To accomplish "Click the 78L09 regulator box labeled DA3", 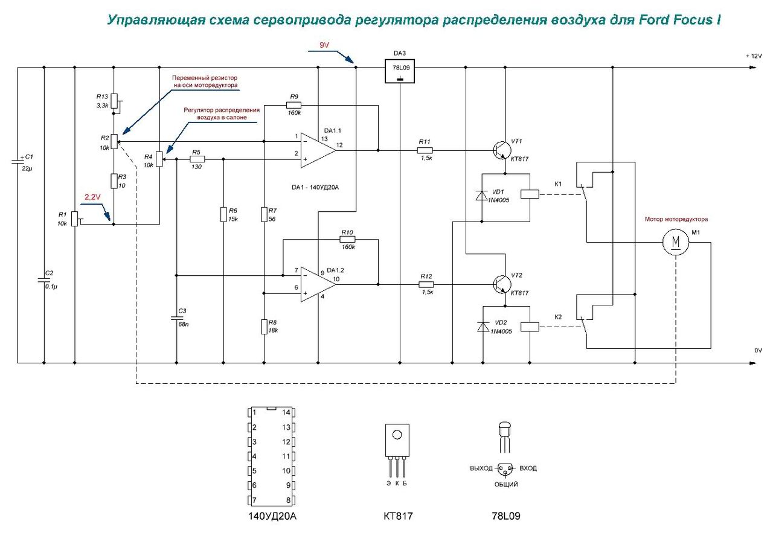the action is [x=400, y=71].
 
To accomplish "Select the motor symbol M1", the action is [x=675, y=242].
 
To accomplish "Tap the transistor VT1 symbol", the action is [x=502, y=150].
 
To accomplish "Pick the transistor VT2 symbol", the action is [x=502, y=285].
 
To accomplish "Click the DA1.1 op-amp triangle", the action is [x=318, y=150].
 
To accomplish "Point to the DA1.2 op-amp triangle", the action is [x=318, y=285].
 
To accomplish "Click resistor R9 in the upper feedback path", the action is [x=293, y=105].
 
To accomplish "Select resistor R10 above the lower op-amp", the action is [x=347, y=240].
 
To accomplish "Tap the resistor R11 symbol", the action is [x=425, y=150].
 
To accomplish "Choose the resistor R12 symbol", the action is [x=426, y=285].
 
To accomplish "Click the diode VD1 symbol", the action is [x=481, y=196].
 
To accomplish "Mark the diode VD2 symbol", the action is [x=483, y=327].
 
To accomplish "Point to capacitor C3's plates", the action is [x=176, y=318].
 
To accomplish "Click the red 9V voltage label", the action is [x=324, y=45].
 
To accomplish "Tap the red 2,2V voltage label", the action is [x=92, y=197].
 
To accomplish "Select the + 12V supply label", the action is [x=753, y=56].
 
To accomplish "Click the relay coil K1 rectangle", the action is [x=530, y=194].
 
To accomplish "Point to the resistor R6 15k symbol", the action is [x=223, y=214].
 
